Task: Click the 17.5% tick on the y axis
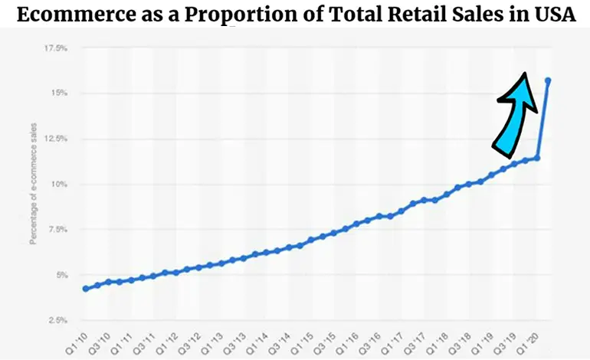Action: click(x=56, y=47)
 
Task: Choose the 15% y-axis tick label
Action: click(x=60, y=93)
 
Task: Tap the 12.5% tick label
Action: click(x=56, y=139)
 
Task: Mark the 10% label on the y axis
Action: click(x=60, y=184)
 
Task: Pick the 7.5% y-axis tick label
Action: click(x=57, y=229)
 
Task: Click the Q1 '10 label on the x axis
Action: click(x=76, y=342)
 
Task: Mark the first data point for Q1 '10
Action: click(x=85, y=289)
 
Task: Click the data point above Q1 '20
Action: click(x=537, y=158)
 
